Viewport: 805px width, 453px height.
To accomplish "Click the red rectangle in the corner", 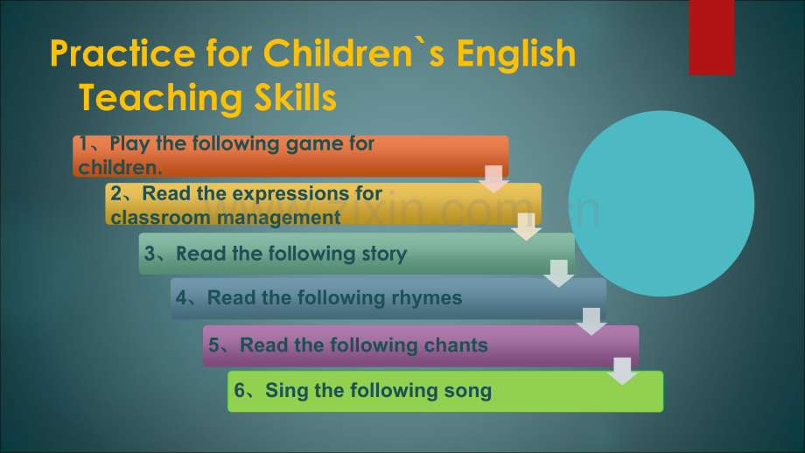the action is [711, 38].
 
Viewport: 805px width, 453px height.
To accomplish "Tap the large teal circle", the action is [661, 204].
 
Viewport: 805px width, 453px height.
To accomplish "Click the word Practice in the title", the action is [122, 53].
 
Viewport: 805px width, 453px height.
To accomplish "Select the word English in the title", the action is [516, 53].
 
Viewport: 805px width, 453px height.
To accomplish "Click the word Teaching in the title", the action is [159, 98].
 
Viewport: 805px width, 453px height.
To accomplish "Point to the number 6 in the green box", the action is [240, 390].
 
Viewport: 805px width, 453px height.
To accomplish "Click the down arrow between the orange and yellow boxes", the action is [493, 179].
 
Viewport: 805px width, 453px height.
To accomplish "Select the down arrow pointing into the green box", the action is [622, 371].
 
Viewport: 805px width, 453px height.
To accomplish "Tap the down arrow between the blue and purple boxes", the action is [591, 322].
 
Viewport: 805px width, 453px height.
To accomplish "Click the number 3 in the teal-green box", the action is [150, 254].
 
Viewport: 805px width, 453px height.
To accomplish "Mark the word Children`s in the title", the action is [354, 53].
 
